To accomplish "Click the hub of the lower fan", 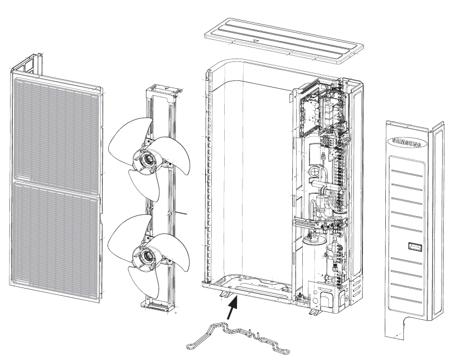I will coord(148,256).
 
